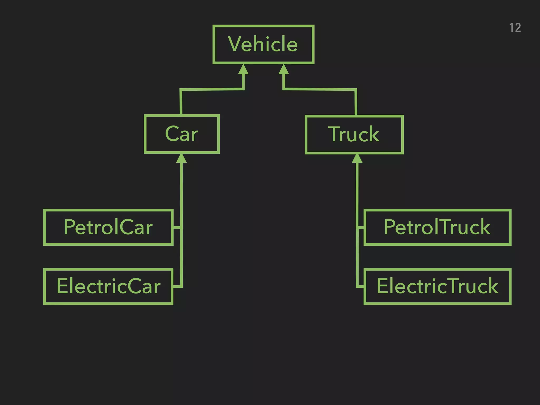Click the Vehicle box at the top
pyautogui.click(x=263, y=44)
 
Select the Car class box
pyautogui.click(x=182, y=134)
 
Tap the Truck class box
pyautogui.click(x=354, y=134)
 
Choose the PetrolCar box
pyautogui.click(x=108, y=227)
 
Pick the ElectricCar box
pyautogui.click(x=108, y=286)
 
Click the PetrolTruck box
pyautogui.click(x=437, y=227)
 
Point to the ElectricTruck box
pyautogui.click(x=437, y=286)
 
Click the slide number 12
pyautogui.click(x=515, y=28)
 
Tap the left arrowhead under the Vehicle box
pyautogui.click(x=243, y=70)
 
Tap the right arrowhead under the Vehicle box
pyautogui.click(x=284, y=70)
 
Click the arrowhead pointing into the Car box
pyautogui.click(x=181, y=158)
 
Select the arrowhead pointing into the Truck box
pyautogui.click(x=357, y=159)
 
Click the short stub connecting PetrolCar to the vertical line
pyautogui.click(x=177, y=227)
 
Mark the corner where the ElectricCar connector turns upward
pyautogui.click(x=181, y=286)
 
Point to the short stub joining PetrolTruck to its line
pyautogui.click(x=360, y=228)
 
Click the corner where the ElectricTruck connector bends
pyautogui.click(x=358, y=286)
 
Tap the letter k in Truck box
pyautogui.click(x=374, y=134)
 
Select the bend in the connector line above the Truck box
pyautogui.click(x=356, y=90)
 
